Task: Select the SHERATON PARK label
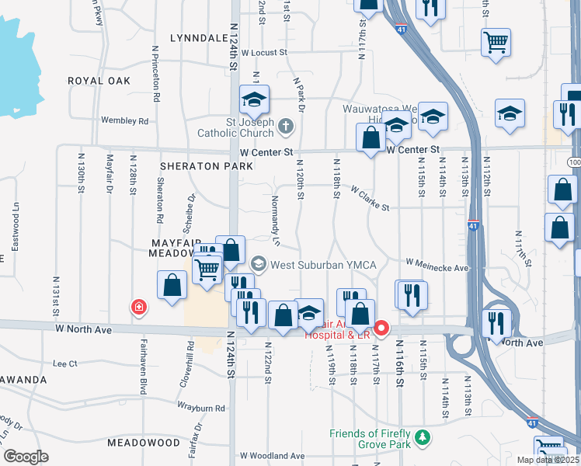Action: (207, 166)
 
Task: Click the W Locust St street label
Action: (264, 54)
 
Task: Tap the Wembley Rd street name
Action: (124, 120)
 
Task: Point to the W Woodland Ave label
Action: (272, 455)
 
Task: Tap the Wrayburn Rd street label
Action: (201, 408)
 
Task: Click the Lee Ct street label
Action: (64, 363)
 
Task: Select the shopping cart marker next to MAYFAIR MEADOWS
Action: (207, 271)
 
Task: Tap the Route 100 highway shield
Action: (574, 162)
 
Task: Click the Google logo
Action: (26, 456)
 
